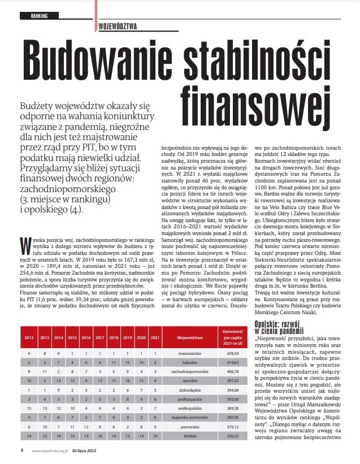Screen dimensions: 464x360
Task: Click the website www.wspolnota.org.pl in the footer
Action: point(50,450)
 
